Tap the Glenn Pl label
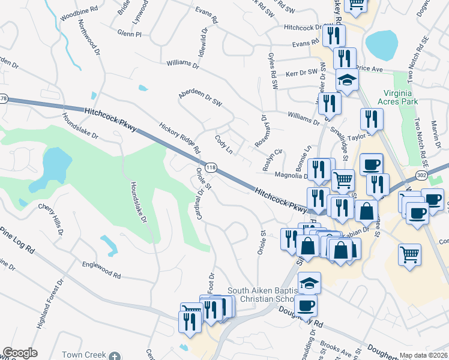pyautogui.click(x=129, y=34)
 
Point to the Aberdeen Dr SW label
pyautogui.click(x=200, y=99)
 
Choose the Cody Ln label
pyautogui.click(x=224, y=143)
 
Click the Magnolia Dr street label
pyautogui.click(x=291, y=175)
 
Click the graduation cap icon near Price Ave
pyautogui.click(x=346, y=80)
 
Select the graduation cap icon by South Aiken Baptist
pyautogui.click(x=309, y=283)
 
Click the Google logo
pyautogui.click(x=20, y=352)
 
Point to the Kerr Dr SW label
pyautogui.click(x=301, y=72)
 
